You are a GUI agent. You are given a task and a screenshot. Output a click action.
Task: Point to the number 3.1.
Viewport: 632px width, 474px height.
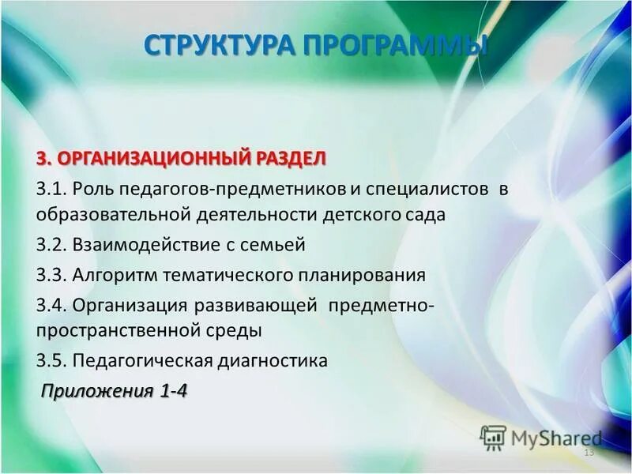(51, 190)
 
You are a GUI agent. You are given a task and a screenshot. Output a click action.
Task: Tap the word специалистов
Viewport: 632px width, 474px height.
(419, 190)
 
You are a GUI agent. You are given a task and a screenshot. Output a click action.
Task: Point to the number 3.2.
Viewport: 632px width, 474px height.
(51, 246)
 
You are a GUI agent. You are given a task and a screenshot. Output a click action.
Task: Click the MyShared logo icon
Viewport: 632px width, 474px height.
(492, 437)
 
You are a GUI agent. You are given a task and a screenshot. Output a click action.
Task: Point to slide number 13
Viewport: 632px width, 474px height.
(588, 453)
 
